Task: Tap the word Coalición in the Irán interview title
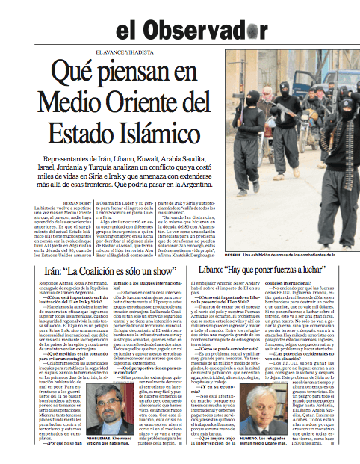102,272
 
